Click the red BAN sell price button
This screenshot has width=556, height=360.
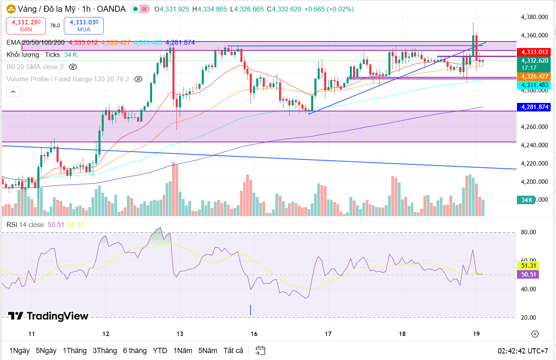pos(26,26)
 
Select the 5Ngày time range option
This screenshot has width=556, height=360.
pos(46,351)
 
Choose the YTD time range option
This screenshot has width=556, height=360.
pos(160,351)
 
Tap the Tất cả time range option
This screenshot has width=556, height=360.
pos(233,351)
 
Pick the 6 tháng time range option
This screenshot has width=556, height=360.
pos(135,351)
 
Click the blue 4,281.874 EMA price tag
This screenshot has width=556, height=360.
pos(533,107)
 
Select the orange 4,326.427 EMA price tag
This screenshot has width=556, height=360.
pos(533,76)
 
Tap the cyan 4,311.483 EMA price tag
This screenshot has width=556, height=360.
pos(533,85)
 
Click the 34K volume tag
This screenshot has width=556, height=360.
pos(527,200)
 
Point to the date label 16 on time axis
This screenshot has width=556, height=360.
pos(254,334)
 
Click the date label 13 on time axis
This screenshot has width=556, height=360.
pos(180,334)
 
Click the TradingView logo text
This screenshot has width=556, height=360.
pos(48,316)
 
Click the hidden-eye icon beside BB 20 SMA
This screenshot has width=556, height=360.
pos(73,67)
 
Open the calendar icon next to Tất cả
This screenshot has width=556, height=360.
pos(260,351)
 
